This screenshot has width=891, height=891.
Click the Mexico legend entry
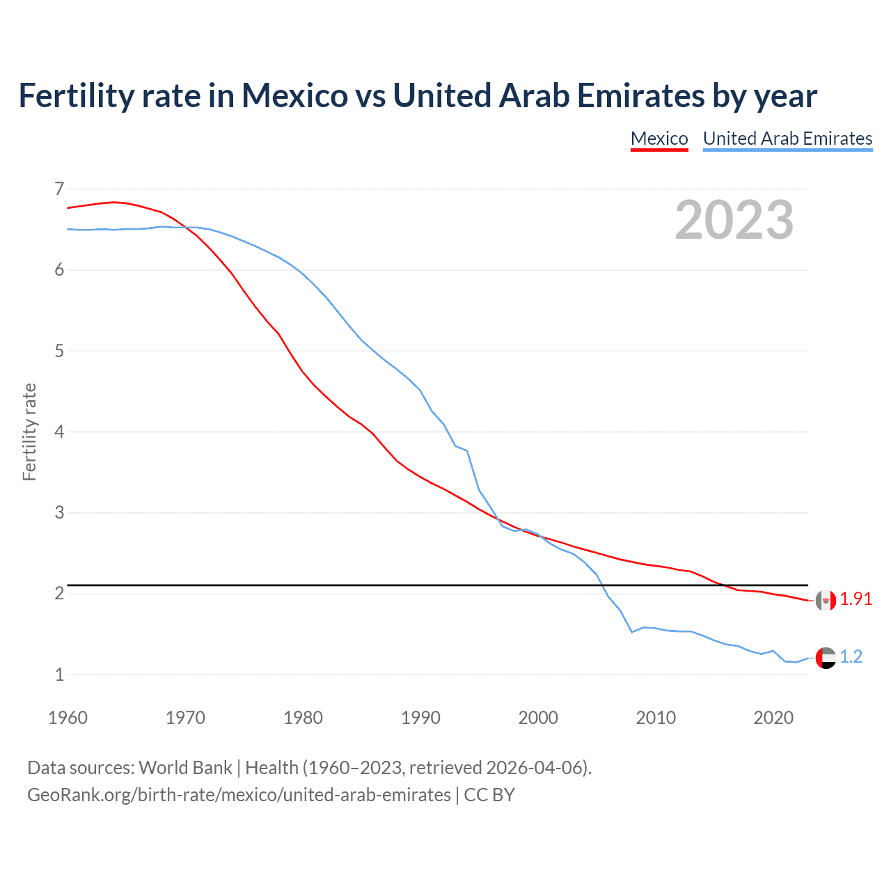pos(659,139)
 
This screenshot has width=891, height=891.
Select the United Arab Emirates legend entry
pos(787,139)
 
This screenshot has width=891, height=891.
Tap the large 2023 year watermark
pos(734,220)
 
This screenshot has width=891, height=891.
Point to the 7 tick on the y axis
pos(59,189)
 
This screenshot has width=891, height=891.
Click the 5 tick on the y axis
pos(59,351)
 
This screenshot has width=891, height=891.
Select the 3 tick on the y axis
pos(59,513)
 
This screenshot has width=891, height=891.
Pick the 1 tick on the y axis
pos(59,675)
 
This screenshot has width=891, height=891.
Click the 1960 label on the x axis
pos(68,718)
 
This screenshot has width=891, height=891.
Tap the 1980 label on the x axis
pos(303,718)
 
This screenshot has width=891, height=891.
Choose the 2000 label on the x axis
pos(538,718)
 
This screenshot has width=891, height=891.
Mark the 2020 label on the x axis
pos(773,718)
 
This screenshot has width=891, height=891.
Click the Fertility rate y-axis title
pos(29,432)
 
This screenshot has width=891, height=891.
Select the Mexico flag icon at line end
pos(826,600)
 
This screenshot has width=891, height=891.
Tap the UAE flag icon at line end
pos(826,658)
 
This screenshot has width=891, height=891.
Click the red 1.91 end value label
pos(855,599)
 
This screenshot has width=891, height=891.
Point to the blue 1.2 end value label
pos(851,657)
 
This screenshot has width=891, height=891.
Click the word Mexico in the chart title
pos(294,96)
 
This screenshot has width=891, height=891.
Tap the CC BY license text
pos(489,795)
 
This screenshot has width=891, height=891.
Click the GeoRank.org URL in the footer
pos(239,795)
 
